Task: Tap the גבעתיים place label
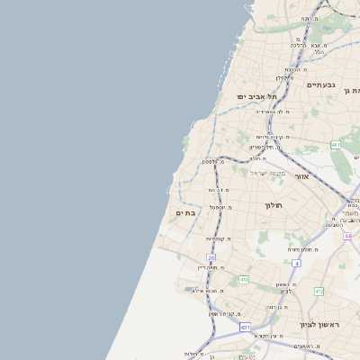320,85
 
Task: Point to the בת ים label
184,213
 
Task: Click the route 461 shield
335,144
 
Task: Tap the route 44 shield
347,236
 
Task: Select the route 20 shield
211,257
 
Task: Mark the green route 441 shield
243,280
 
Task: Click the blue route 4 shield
295,263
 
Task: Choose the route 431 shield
246,328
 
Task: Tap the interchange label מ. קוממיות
219,238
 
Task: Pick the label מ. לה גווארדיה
273,112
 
